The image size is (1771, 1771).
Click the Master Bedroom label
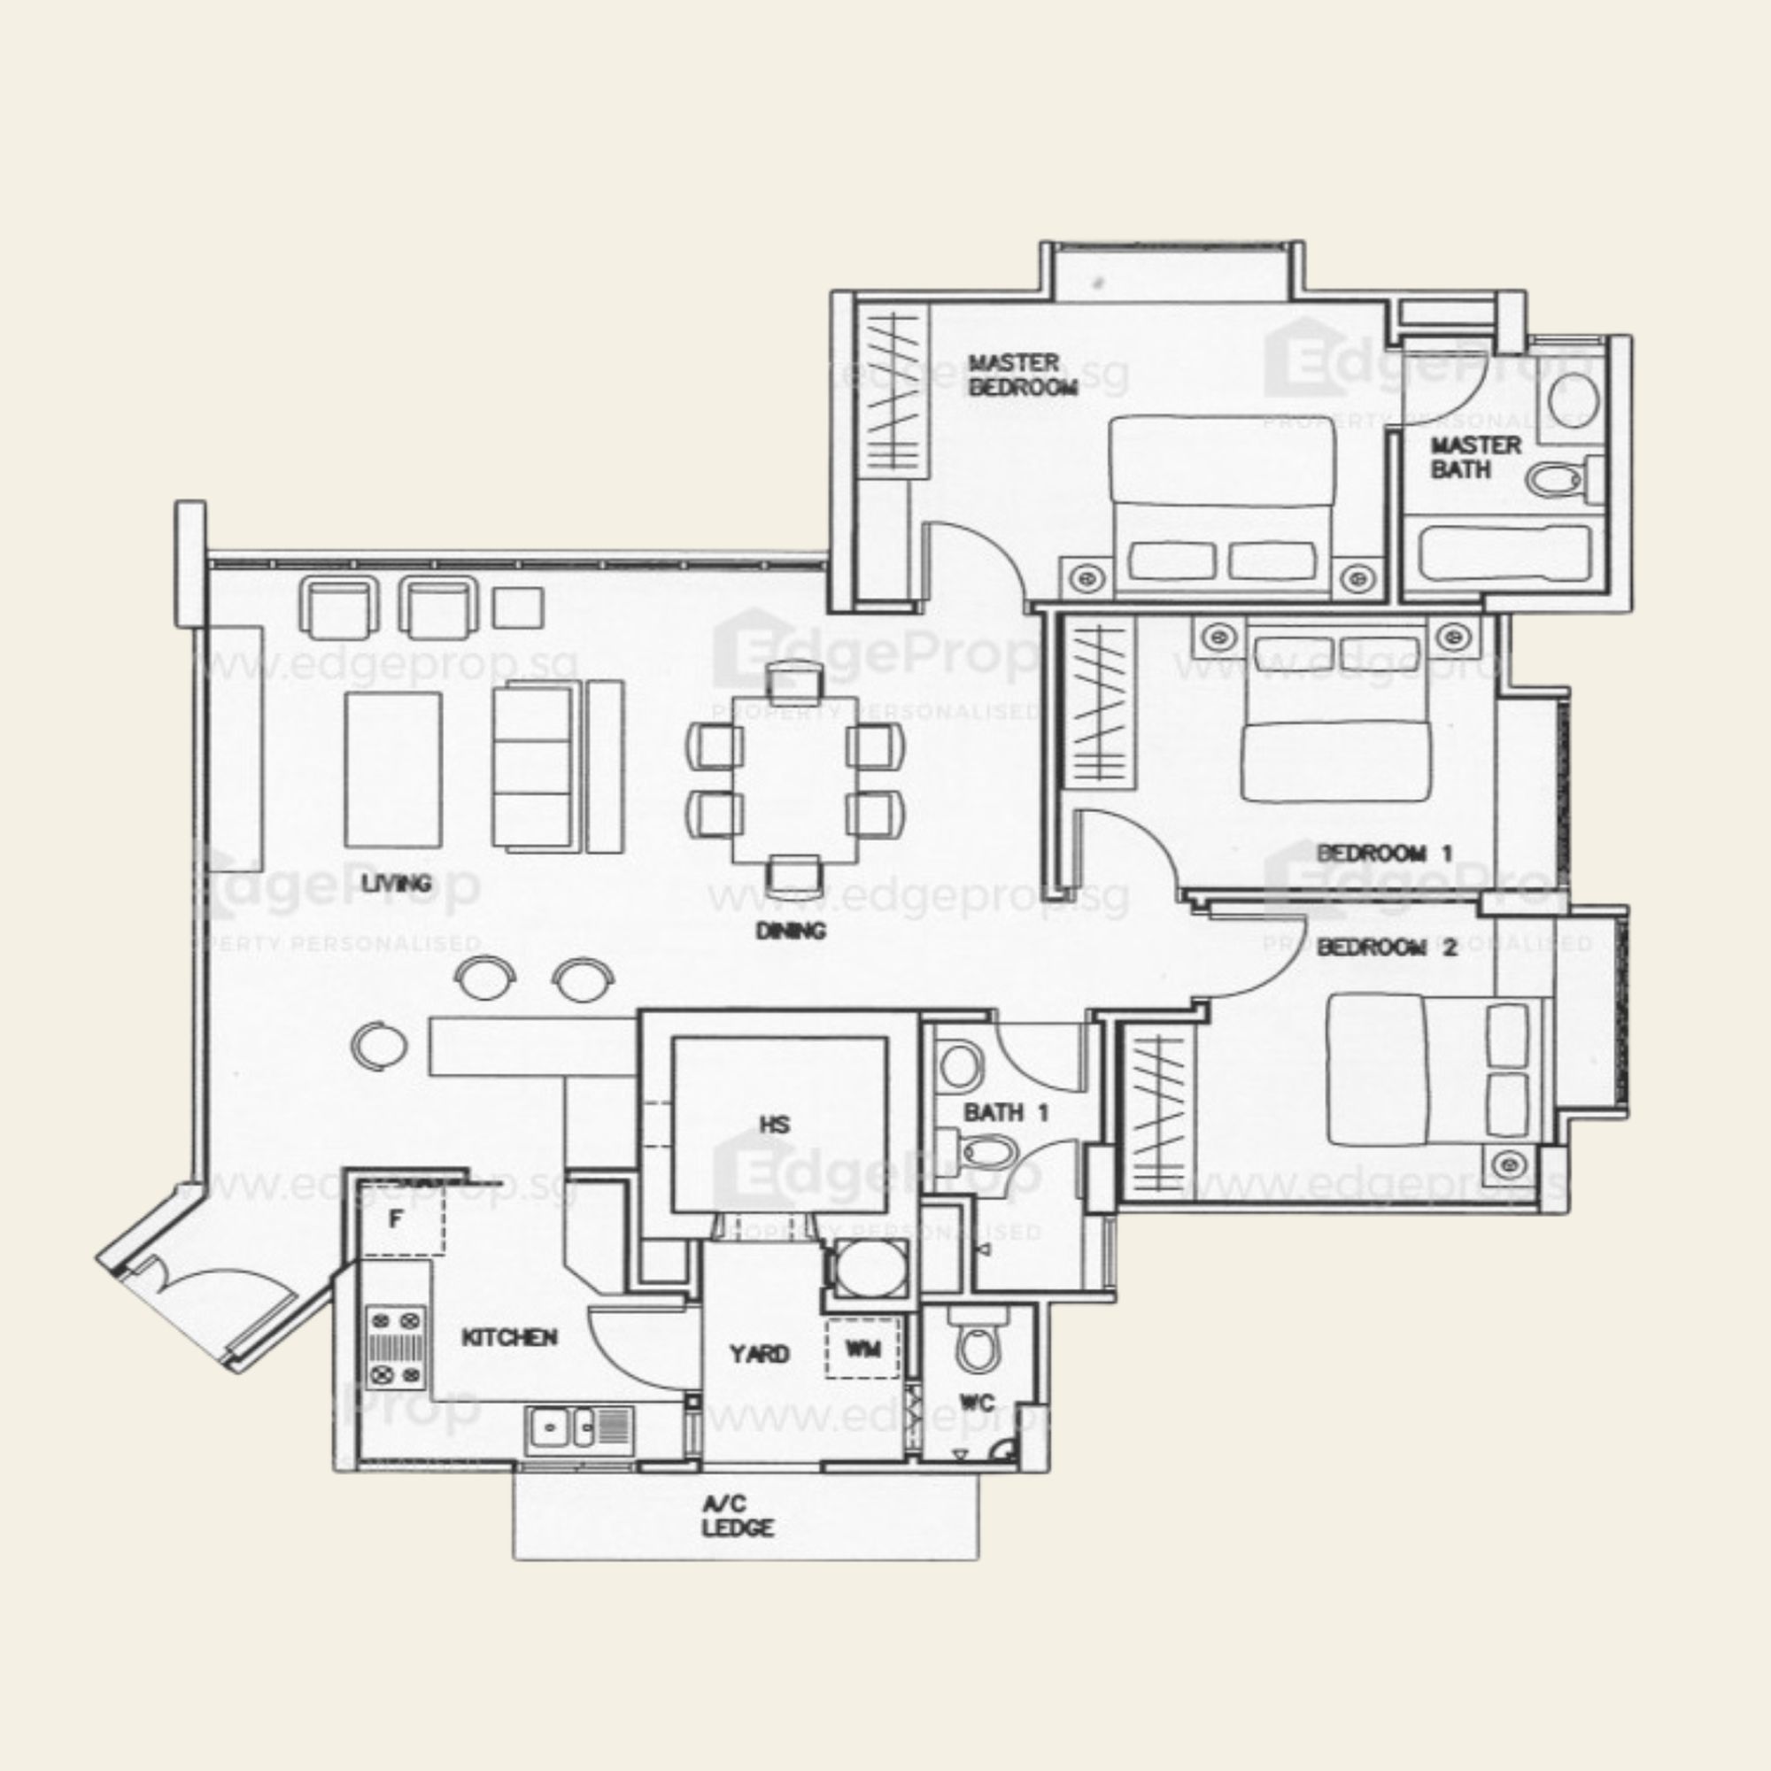pos(1022,375)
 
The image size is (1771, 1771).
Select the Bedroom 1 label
pos(1384,854)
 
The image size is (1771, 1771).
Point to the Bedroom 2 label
pos(1386,947)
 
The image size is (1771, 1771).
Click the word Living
pos(396,883)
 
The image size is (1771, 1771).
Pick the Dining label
pos(790,931)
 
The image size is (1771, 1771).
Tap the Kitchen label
pos(510,1336)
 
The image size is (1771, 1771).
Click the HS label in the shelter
pos(775,1124)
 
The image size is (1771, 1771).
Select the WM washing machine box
pos(862,1349)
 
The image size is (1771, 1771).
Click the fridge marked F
pos(397,1219)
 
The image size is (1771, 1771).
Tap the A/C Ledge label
pos(737,1515)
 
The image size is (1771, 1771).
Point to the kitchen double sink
pos(577,1427)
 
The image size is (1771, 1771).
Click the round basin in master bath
pos(1573,399)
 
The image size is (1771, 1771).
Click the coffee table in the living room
pos(392,769)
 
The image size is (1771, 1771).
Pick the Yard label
pos(759,1353)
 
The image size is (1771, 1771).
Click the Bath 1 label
pos(1006,1113)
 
